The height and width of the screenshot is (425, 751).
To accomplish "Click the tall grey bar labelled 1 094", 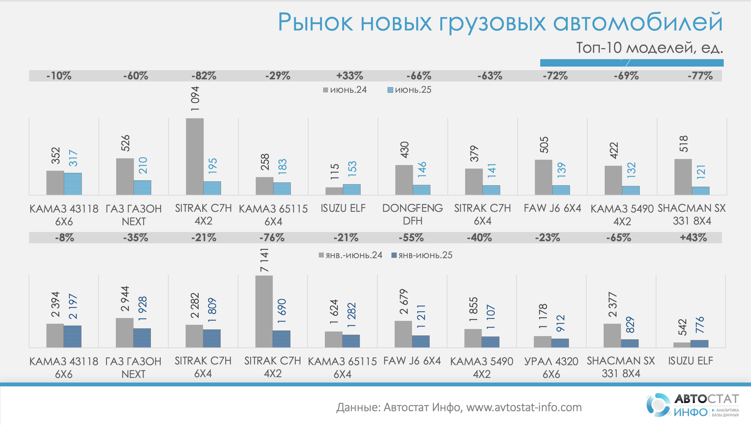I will pyautogui.click(x=194, y=156).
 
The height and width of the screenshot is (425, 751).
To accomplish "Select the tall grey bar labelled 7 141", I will pyautogui.click(x=264, y=311).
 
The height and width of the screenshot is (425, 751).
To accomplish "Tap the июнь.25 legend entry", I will pyautogui.click(x=410, y=90).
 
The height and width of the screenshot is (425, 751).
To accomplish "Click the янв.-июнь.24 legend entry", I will pyautogui.click(x=350, y=255).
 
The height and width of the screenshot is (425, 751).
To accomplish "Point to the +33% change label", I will pyautogui.click(x=350, y=76).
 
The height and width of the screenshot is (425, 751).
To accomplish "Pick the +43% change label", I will pyautogui.click(x=693, y=238).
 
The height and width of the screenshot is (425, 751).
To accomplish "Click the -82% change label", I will pyautogui.click(x=204, y=76).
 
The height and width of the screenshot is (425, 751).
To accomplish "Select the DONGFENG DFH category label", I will pyautogui.click(x=412, y=214).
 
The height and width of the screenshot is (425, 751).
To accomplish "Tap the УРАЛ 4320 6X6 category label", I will pyautogui.click(x=551, y=367).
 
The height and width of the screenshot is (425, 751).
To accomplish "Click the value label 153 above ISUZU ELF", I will pyautogui.click(x=352, y=169).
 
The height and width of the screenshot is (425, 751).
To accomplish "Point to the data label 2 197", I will pyautogui.click(x=73, y=306).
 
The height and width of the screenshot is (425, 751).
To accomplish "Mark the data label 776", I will pyautogui.click(x=700, y=325).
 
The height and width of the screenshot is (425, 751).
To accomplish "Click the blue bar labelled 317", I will pyautogui.click(x=73, y=184).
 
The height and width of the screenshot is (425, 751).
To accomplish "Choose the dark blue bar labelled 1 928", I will pyautogui.click(x=142, y=338).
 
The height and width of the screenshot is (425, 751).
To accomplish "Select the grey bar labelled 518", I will pyautogui.click(x=683, y=177).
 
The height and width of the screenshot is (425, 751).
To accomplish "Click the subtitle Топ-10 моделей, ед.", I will pyautogui.click(x=649, y=47).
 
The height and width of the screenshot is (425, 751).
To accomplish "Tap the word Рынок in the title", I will pyautogui.click(x=315, y=22).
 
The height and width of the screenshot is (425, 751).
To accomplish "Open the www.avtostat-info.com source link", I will pyautogui.click(x=524, y=407).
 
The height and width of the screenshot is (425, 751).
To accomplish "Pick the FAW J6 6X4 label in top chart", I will pyautogui.click(x=552, y=208).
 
